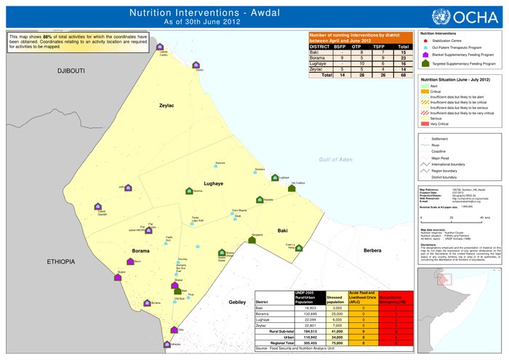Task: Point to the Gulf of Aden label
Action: pyautogui.click(x=335, y=159)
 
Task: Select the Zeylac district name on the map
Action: pyautogui.click(x=167, y=105)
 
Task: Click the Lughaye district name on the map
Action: pyautogui.click(x=215, y=184)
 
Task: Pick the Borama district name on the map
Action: pyautogui.click(x=140, y=250)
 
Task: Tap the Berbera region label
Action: pyautogui.click(x=372, y=250)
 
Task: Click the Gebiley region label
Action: pyautogui.click(x=238, y=301)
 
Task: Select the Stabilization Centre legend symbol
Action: pyautogui.click(x=425, y=42)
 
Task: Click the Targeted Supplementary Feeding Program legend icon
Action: pyautogui.click(x=425, y=64)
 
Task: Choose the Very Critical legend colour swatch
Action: pyautogui.click(x=425, y=124)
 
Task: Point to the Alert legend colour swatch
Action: pyautogui.click(x=425, y=86)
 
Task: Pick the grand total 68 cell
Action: pyautogui.click(x=404, y=74)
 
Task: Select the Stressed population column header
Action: pyautogui.click(x=334, y=296)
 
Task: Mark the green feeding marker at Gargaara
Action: pyautogui.click(x=252, y=239)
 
